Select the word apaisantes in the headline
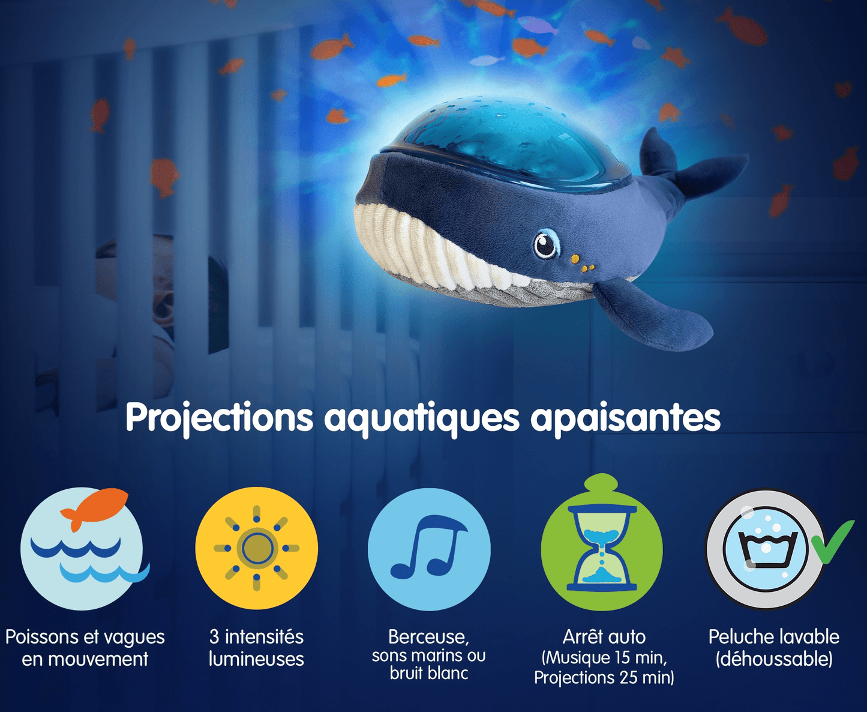pos(625,418)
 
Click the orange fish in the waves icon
pos(94,507)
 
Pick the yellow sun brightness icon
pos(257,548)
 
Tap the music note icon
pos(429,549)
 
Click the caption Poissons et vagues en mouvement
pos(85,648)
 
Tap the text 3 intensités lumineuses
pos(257,648)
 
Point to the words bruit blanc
pos(429,674)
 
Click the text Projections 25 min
pos(604,677)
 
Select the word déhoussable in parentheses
pos(773,659)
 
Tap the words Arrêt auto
pos(604,637)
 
